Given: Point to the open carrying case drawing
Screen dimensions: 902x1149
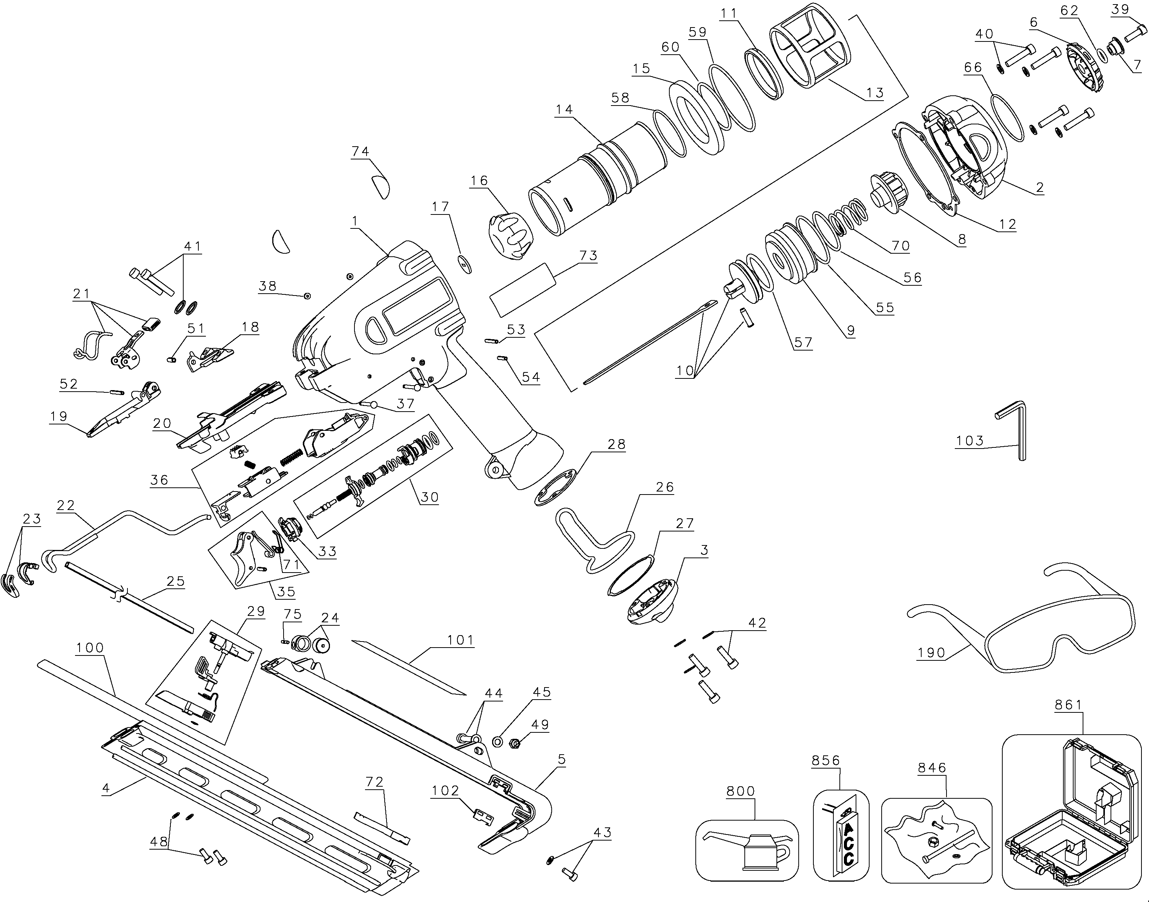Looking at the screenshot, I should click(1070, 816).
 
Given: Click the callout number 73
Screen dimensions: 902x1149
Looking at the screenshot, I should click(588, 256).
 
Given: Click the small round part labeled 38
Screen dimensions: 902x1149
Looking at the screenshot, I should click(307, 296).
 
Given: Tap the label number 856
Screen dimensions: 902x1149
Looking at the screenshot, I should click(826, 761).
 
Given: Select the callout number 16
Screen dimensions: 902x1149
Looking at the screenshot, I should click(479, 181).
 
